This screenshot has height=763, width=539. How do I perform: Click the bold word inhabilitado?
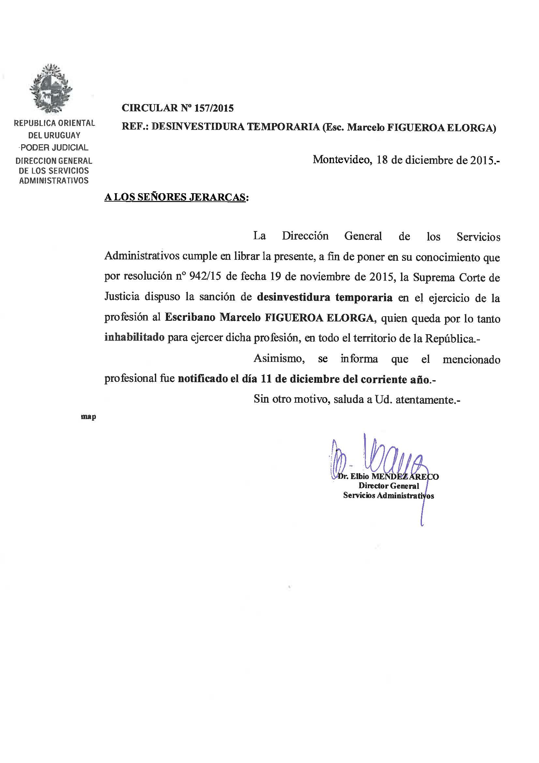(x=134, y=338)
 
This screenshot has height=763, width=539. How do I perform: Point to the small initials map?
(x=88, y=417)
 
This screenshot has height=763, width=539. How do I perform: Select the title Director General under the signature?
(x=389, y=486)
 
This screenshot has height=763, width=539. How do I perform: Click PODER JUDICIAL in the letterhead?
(x=54, y=148)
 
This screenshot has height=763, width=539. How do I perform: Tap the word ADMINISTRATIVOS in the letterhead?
(x=54, y=181)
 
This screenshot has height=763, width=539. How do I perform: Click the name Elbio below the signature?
(x=360, y=476)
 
